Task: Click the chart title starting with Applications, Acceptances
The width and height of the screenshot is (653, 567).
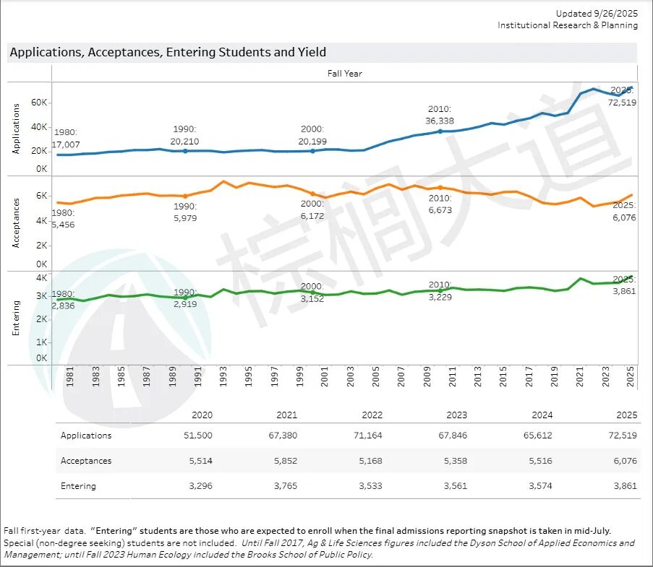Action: point(168,52)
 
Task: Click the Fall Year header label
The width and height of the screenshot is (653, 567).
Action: point(344,73)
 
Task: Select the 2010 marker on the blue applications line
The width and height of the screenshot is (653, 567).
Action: point(440,131)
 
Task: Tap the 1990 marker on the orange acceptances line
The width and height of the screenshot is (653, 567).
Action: point(185,196)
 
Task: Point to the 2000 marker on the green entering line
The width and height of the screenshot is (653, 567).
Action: point(312,292)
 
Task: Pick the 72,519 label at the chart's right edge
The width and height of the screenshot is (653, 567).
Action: point(622,103)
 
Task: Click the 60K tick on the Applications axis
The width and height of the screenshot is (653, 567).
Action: point(39,103)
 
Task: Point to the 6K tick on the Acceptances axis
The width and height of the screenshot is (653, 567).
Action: point(40,196)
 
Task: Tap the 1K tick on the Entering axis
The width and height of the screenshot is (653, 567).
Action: point(41,342)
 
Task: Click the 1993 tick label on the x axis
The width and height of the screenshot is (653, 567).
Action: point(223,378)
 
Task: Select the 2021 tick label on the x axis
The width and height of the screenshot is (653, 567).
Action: point(580,378)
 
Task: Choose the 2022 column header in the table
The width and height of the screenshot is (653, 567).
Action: point(372,415)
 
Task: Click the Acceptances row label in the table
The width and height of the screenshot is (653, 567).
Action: point(86,460)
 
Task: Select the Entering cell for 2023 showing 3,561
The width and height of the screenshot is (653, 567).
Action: point(453,486)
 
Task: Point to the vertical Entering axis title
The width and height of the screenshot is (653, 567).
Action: point(16,318)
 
